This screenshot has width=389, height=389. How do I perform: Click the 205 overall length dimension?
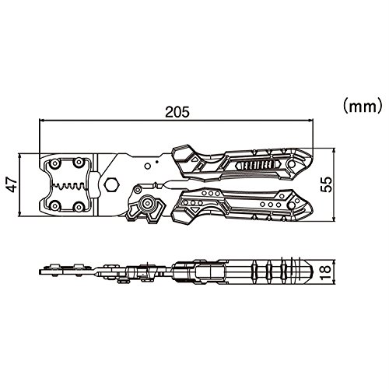pyautogui.click(x=177, y=112)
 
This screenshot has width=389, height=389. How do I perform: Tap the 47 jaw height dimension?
pyautogui.click(x=12, y=184)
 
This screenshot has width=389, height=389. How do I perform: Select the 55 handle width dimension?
pyautogui.click(x=326, y=184)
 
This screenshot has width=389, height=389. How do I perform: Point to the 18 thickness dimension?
pyautogui.click(x=326, y=272)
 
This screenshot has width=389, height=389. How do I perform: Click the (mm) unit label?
pyautogui.click(x=363, y=106)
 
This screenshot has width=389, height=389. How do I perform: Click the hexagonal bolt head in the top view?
pyautogui.click(x=111, y=184)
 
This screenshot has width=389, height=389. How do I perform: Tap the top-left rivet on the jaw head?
pyautogui.click(x=54, y=163)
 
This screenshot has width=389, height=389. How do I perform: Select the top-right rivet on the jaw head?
pyautogui.click(x=78, y=163)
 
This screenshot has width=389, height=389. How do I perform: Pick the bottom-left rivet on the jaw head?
pyautogui.click(x=54, y=206)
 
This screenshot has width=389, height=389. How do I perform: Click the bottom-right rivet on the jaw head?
pyautogui.click(x=78, y=206)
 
